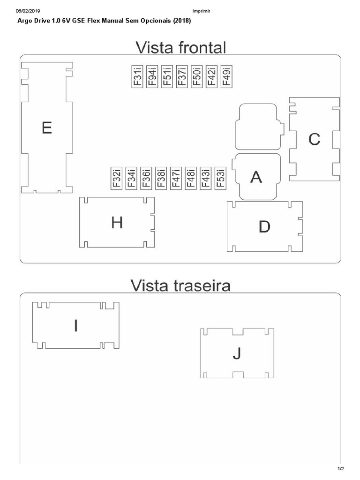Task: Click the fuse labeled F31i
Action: coord(137,76)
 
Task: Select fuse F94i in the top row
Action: coord(152,76)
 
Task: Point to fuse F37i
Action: coord(181,76)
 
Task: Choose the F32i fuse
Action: coord(117,178)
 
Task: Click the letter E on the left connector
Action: coord(47,128)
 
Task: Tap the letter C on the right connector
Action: coord(314,139)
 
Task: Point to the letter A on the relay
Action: coord(256,177)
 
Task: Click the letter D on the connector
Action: coord(264,227)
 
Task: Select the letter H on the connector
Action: coord(117,223)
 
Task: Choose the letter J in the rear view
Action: coord(237,354)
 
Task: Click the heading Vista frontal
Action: coord(180,47)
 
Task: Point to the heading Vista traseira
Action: coord(180,285)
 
